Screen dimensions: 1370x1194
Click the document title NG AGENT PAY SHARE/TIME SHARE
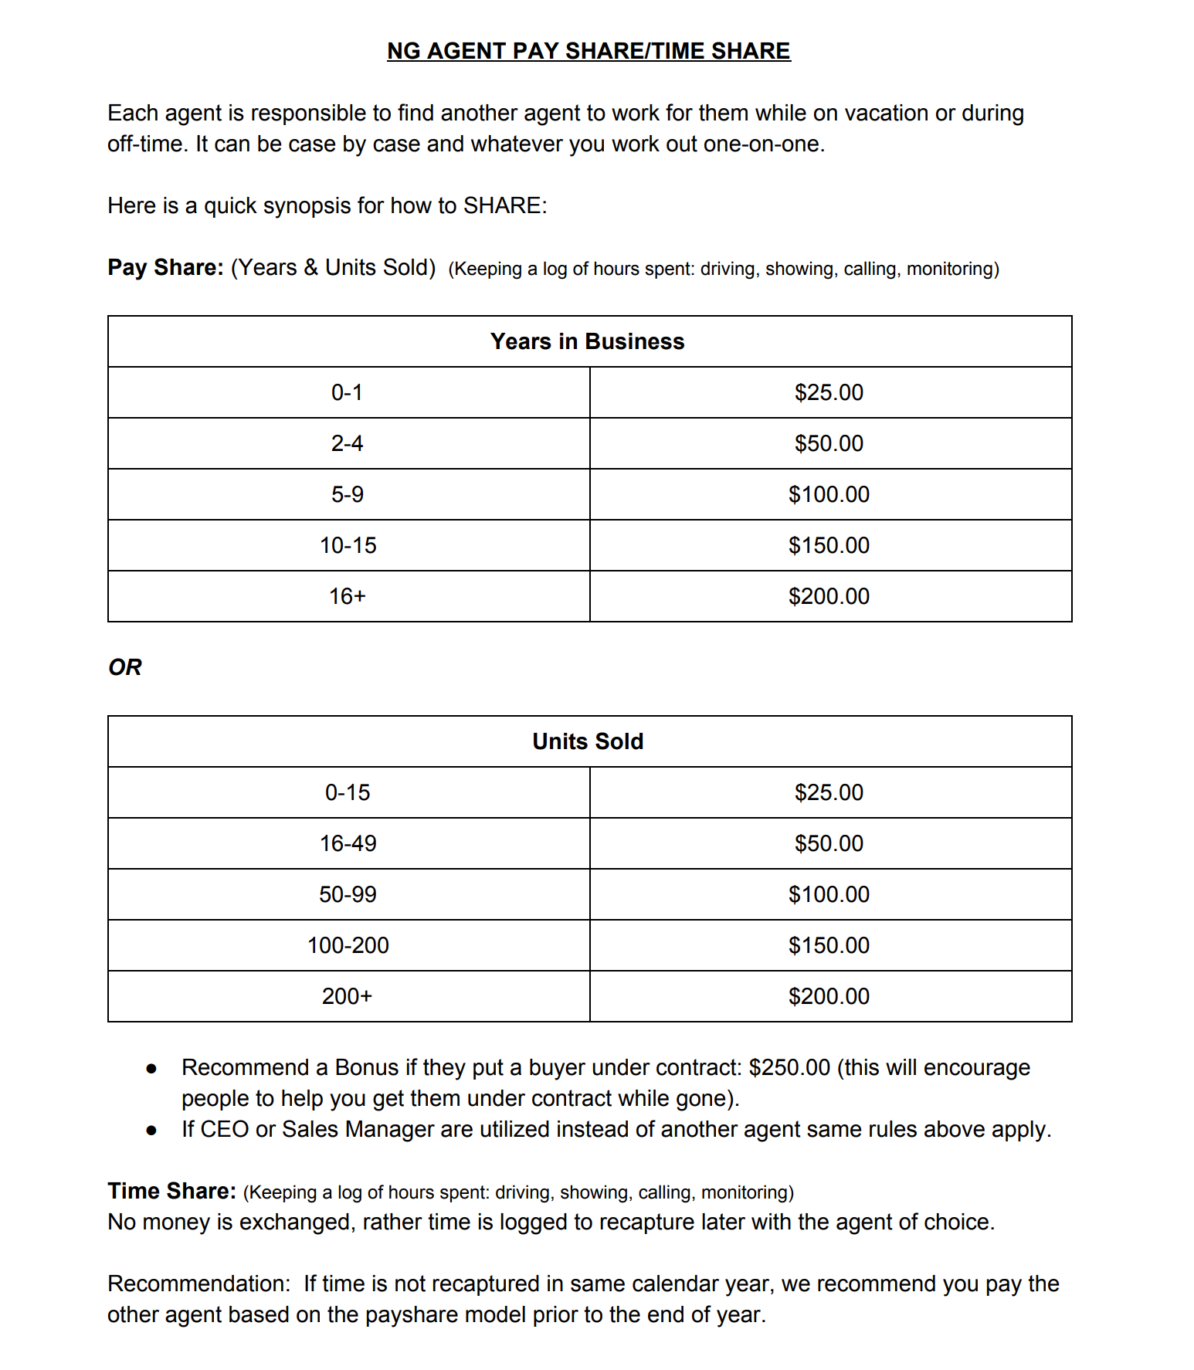point(589,51)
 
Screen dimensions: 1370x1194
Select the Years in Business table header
point(588,341)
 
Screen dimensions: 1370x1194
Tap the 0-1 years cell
point(347,392)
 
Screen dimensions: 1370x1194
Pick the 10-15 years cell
point(348,545)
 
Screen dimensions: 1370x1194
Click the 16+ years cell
point(348,596)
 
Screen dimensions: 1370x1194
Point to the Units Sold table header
point(588,741)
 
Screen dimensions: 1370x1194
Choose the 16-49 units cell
point(348,843)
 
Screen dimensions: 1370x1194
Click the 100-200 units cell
point(348,945)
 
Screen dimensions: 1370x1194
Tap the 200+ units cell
point(348,996)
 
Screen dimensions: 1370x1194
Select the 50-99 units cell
point(348,894)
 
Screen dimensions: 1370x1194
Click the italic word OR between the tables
point(125,667)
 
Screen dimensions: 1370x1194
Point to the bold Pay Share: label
point(165,267)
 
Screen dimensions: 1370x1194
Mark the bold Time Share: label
point(171,1191)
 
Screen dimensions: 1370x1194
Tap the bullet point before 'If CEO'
point(151,1131)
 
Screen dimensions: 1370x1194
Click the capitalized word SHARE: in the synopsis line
point(505,205)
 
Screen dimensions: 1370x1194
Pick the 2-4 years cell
point(347,443)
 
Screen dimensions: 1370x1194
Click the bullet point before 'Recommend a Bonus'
point(151,1069)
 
